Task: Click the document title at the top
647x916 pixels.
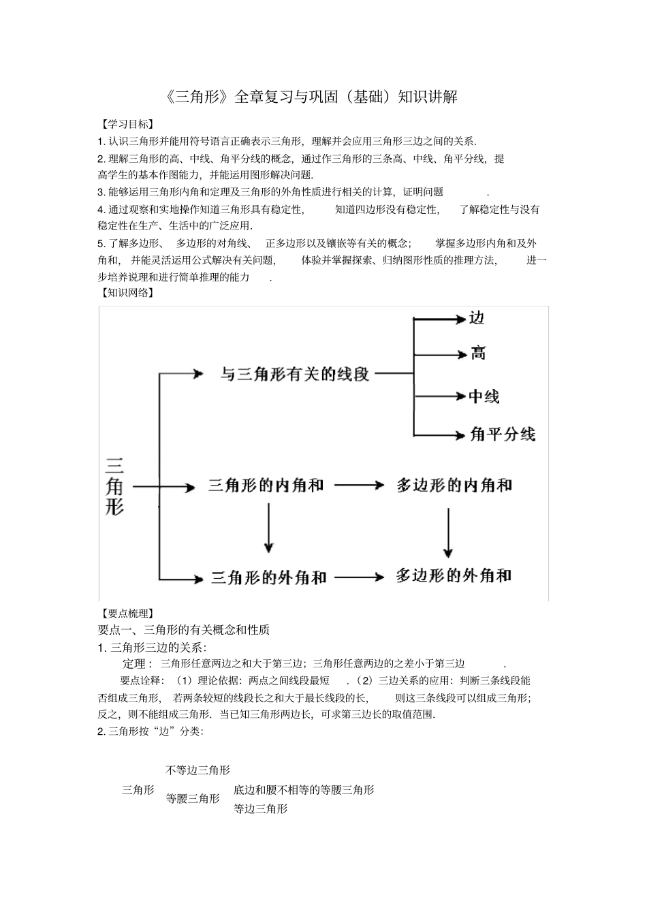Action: click(x=311, y=97)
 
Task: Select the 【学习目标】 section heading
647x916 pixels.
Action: click(x=126, y=124)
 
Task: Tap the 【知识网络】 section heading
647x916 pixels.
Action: click(x=126, y=293)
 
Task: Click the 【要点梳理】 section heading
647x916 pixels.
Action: click(x=126, y=613)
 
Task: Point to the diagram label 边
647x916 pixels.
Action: click(x=477, y=318)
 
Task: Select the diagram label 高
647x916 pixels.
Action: click(x=478, y=353)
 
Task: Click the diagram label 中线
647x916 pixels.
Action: click(x=484, y=396)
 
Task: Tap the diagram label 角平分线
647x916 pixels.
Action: click(x=503, y=434)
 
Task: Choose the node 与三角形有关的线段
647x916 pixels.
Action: click(x=294, y=373)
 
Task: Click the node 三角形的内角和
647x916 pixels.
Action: click(x=266, y=486)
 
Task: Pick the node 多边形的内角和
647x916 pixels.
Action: click(x=454, y=486)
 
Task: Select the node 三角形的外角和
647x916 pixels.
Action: click(x=269, y=578)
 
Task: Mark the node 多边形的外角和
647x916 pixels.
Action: click(x=454, y=576)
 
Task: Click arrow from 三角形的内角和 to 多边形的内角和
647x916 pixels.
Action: click(x=360, y=486)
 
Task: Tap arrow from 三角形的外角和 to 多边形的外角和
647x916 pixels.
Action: click(x=360, y=578)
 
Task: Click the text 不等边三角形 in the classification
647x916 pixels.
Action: click(x=198, y=770)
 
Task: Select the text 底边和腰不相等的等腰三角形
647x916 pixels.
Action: click(x=304, y=790)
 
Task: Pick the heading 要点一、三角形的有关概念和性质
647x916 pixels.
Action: click(x=184, y=630)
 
